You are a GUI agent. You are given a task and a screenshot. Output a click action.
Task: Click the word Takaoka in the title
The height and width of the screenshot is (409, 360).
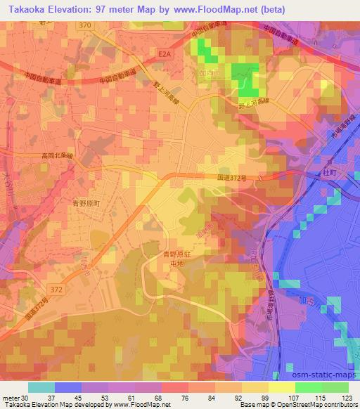pos(27,9)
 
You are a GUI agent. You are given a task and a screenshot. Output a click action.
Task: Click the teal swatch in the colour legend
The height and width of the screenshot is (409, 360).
pos(41,387)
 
